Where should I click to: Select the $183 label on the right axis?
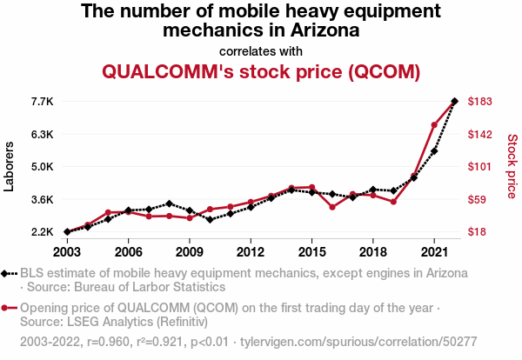480,102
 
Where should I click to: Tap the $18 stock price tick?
478,232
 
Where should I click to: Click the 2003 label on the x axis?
67,252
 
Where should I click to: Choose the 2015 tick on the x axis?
311,252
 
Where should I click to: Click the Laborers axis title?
10,166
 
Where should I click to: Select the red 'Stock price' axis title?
512,166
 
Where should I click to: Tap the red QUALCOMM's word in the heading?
167,70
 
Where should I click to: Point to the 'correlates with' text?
261,50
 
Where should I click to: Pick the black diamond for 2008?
169,203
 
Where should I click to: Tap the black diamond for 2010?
210,219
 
